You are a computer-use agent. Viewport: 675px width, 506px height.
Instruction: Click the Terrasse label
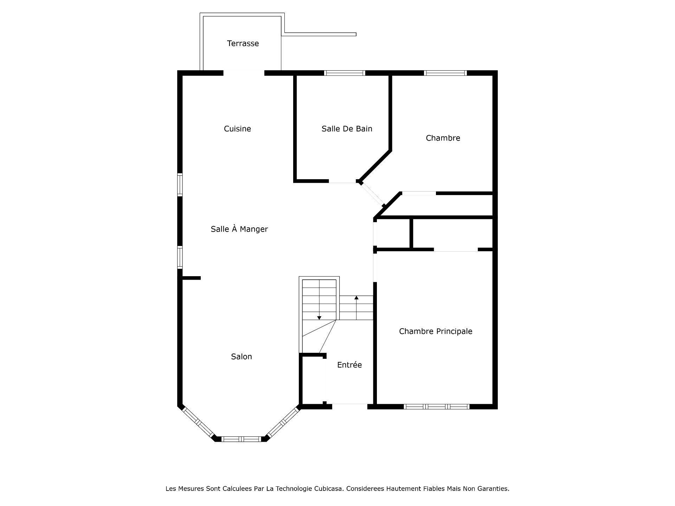(x=243, y=44)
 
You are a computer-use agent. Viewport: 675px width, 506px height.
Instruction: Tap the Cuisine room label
(x=237, y=129)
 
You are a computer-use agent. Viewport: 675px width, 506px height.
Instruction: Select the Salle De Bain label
(x=347, y=129)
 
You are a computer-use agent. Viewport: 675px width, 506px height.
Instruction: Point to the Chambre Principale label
(x=436, y=331)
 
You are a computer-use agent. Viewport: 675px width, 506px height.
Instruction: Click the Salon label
(x=242, y=357)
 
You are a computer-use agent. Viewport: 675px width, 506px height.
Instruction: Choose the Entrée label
(x=349, y=365)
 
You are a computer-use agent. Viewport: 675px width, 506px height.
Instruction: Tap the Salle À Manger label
(x=239, y=229)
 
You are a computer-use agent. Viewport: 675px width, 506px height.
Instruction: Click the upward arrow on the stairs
(x=356, y=307)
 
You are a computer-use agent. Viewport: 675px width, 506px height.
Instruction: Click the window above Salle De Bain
(x=345, y=73)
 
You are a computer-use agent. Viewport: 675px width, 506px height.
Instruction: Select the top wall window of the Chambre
(x=445, y=73)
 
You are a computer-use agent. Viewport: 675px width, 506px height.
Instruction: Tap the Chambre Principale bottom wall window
(x=436, y=407)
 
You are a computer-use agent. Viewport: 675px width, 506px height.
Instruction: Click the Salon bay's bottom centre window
(x=241, y=439)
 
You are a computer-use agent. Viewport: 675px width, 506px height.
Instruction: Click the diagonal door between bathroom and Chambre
(x=372, y=194)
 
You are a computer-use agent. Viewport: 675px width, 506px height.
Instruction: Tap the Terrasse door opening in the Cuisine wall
(x=244, y=73)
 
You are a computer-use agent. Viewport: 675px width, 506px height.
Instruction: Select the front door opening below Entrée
(x=350, y=407)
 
